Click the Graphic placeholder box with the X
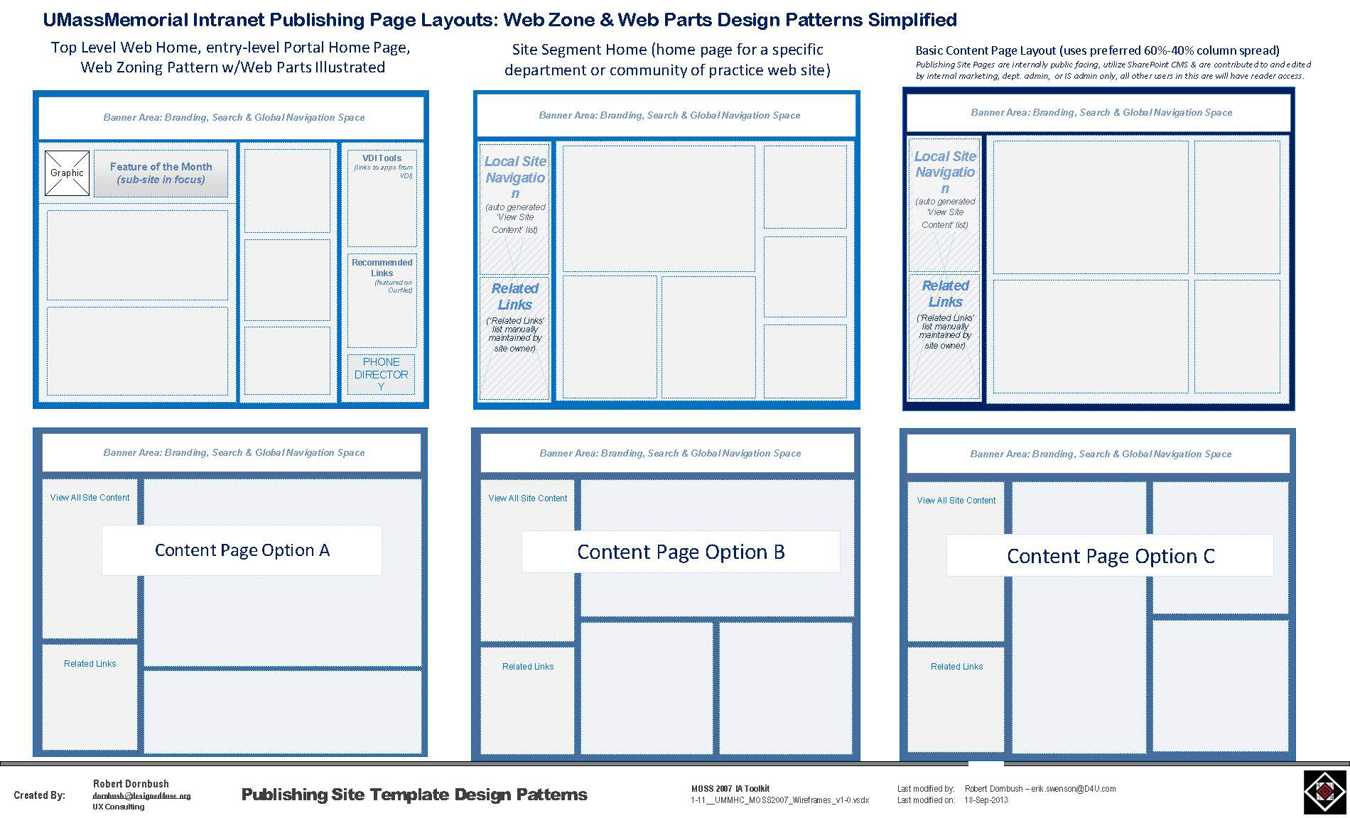pos(67,173)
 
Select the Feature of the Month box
pos(161,173)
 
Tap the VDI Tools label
pos(382,158)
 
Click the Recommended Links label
pos(382,268)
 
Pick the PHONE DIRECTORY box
pos(382,374)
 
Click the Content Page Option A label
pos(242,550)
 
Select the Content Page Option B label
pos(681,552)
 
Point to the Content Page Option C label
pos(1110,556)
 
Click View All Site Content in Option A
pos(90,498)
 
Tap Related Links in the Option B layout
pos(528,667)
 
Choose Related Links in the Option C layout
pos(956,667)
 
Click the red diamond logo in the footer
pos(1325,791)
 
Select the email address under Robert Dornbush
pos(141,796)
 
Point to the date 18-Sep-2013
pos(986,800)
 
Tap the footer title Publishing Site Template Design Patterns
pos(414,795)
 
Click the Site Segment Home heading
pos(667,60)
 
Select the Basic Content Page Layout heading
pos(1097,50)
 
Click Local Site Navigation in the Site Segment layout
pos(515,178)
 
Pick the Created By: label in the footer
pos(39,795)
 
